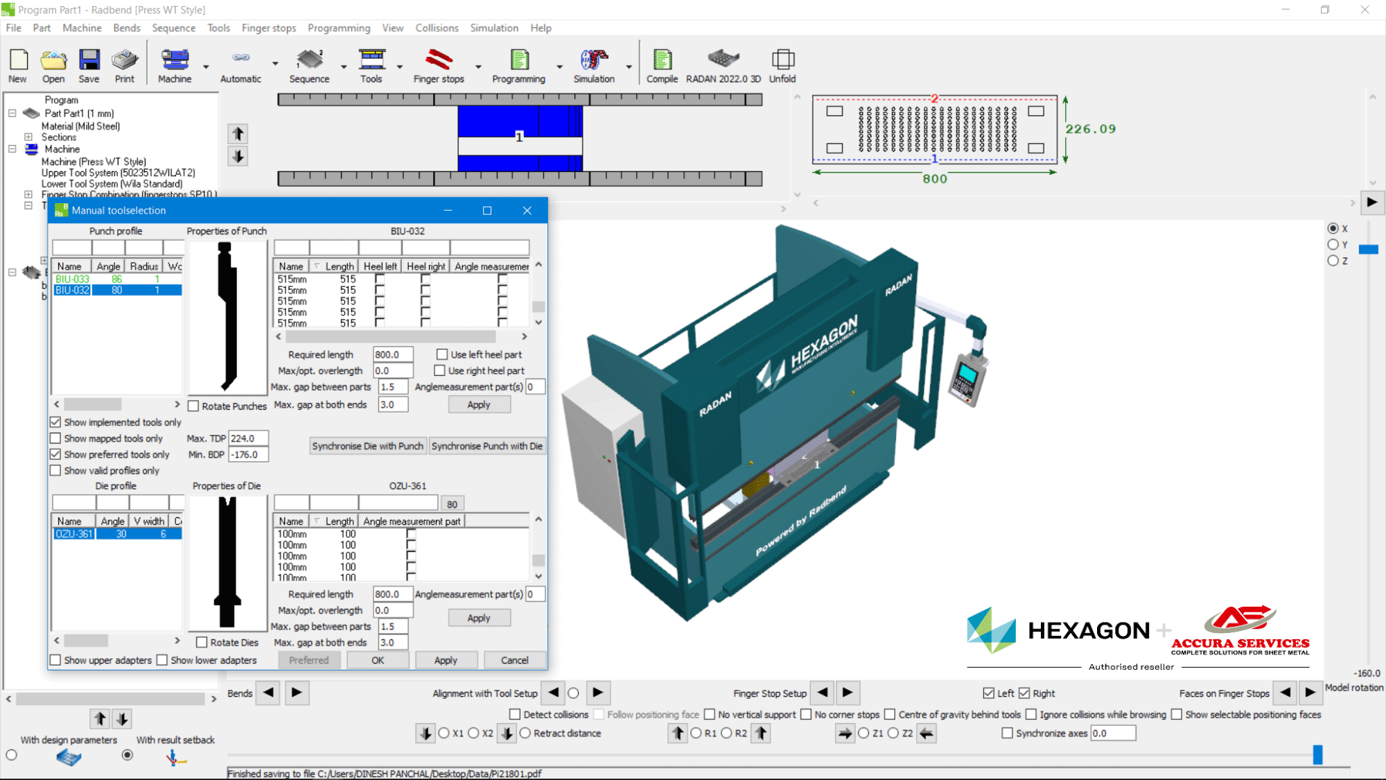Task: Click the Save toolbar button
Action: [x=89, y=66]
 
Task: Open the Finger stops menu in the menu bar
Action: [x=268, y=28]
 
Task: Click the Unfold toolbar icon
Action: [x=782, y=66]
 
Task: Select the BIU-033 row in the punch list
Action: [x=73, y=279]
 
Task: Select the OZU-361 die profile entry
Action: [x=74, y=534]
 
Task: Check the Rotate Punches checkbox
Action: [x=194, y=406]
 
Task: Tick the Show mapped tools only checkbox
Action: [x=55, y=438]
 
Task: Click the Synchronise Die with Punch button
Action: [x=367, y=446]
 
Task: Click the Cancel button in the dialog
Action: [x=514, y=660]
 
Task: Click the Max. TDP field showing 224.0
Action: [x=247, y=438]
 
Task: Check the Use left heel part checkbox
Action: [x=442, y=354]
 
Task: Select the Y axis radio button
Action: [x=1333, y=245]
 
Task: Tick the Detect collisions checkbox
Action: [x=515, y=714]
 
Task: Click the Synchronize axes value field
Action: [x=1112, y=733]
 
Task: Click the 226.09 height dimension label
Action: [x=1090, y=129]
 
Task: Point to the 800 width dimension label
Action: [x=934, y=179]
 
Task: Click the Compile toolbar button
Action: [x=662, y=66]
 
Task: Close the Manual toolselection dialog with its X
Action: [x=527, y=211]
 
